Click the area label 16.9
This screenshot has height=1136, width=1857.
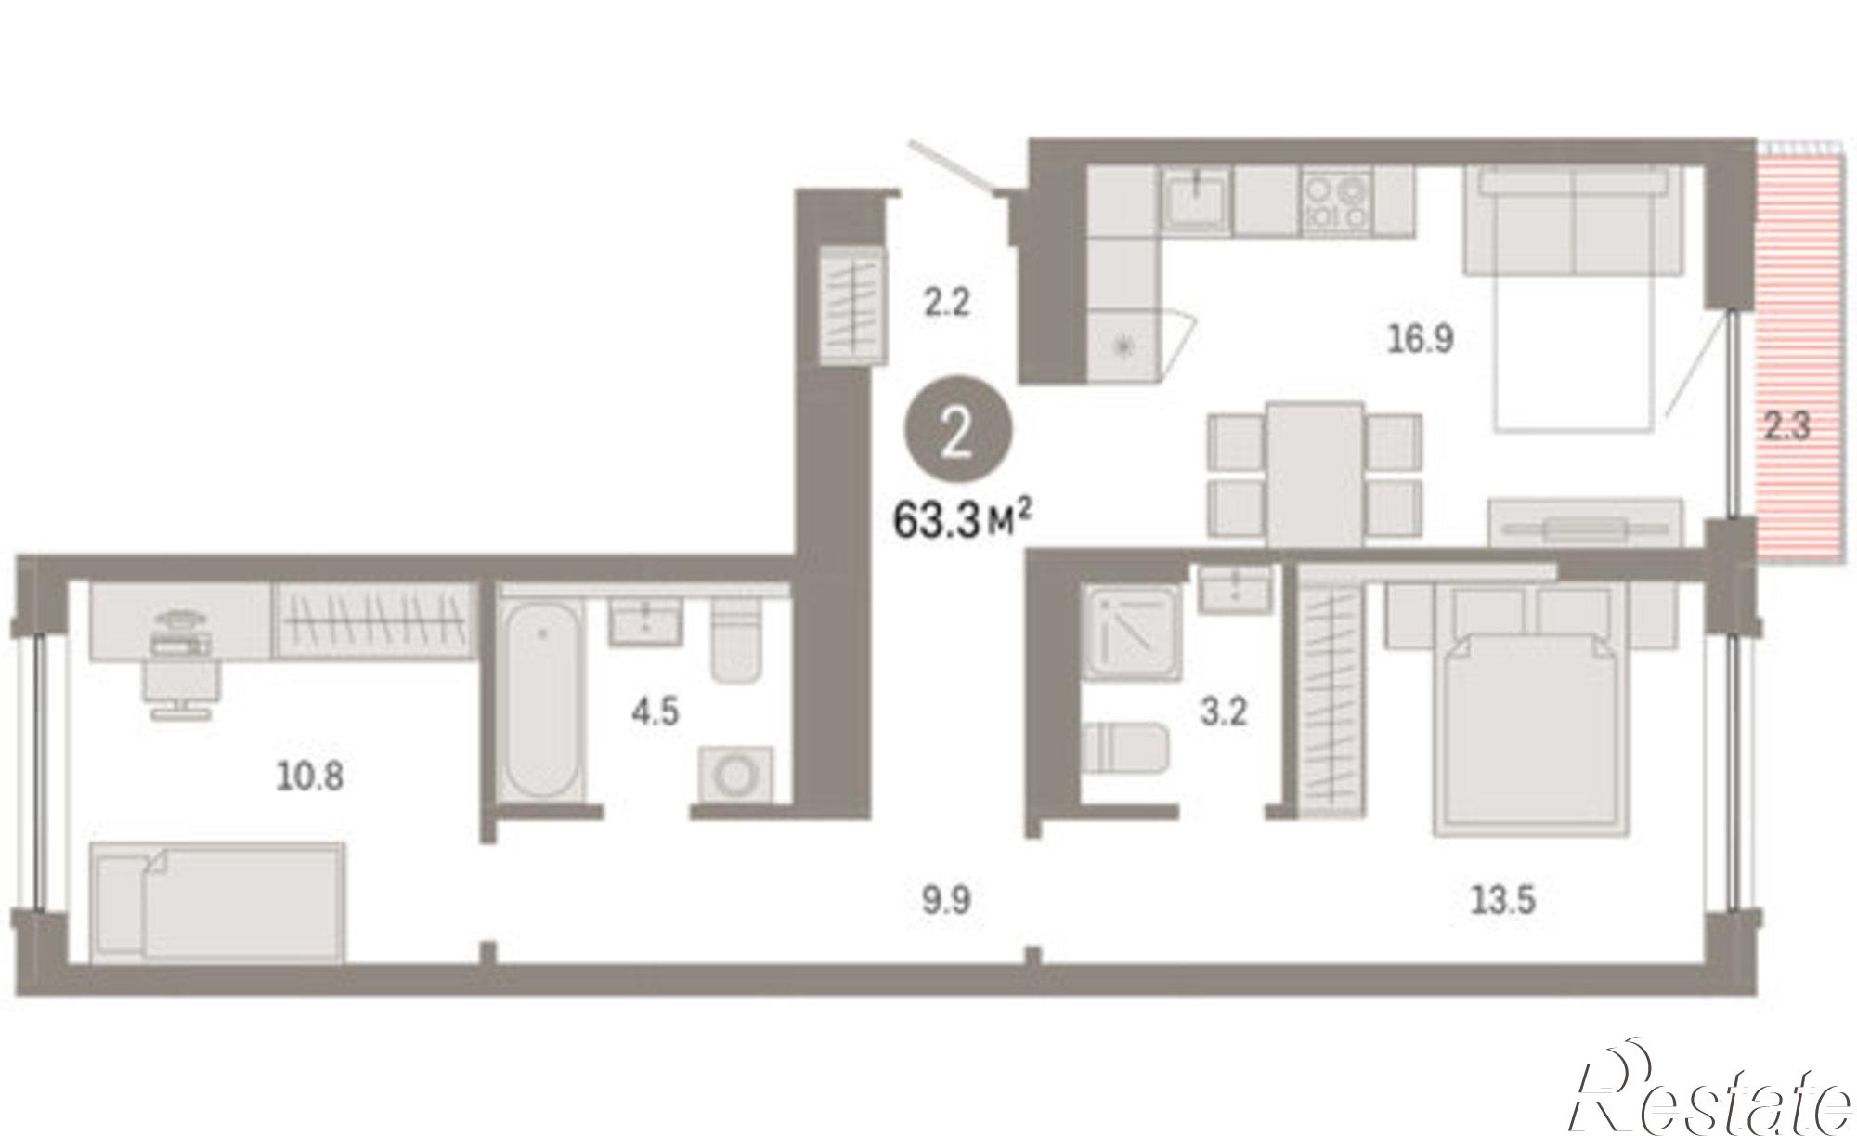pyautogui.click(x=1421, y=340)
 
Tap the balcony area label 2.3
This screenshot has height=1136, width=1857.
pyautogui.click(x=1786, y=426)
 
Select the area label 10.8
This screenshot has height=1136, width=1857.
pyautogui.click(x=310, y=776)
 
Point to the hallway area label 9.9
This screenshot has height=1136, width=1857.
pyautogui.click(x=946, y=899)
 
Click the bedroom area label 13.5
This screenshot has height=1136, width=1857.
pyautogui.click(x=1503, y=899)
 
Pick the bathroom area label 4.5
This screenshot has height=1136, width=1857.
pyautogui.click(x=655, y=712)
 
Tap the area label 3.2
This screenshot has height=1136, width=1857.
pyautogui.click(x=1224, y=712)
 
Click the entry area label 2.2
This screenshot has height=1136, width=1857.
pyautogui.click(x=946, y=302)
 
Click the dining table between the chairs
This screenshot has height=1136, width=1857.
pyautogui.click(x=1315, y=475)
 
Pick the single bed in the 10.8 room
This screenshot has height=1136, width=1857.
pyautogui.click(x=218, y=902)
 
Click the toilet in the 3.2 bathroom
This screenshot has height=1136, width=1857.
pyautogui.click(x=1124, y=747)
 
